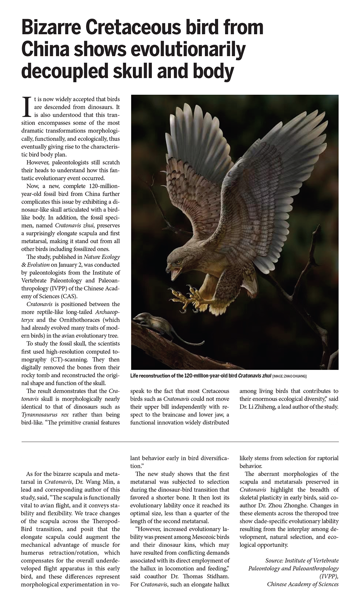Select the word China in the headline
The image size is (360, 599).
coord(45,50)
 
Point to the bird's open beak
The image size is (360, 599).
coord(175,273)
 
